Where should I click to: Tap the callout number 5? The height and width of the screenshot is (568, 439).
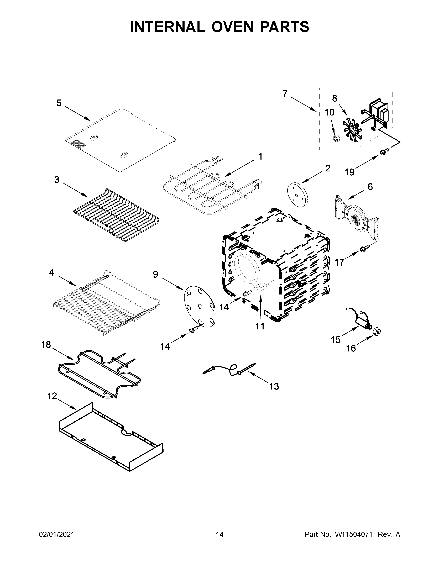click(x=59, y=103)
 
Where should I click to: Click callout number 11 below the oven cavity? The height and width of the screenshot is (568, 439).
click(x=260, y=326)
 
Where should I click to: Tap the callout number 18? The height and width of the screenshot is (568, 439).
click(x=46, y=345)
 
